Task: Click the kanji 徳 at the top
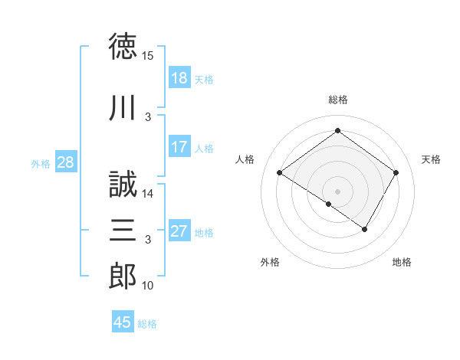(x=123, y=47)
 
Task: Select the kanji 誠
(x=123, y=186)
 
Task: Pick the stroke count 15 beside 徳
(x=148, y=56)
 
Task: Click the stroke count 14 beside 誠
(x=148, y=194)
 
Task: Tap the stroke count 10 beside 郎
(x=148, y=286)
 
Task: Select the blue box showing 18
(x=179, y=78)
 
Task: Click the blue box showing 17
(x=179, y=147)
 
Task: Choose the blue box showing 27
(x=179, y=231)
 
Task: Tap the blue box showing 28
(x=65, y=162)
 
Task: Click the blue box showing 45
(x=123, y=322)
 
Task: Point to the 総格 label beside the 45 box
(x=147, y=324)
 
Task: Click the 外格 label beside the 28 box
(x=41, y=163)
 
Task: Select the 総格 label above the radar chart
(x=337, y=100)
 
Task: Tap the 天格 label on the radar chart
(x=431, y=159)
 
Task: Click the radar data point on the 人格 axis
(x=279, y=173)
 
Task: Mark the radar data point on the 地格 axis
(x=365, y=229)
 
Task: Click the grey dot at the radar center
(x=337, y=191)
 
